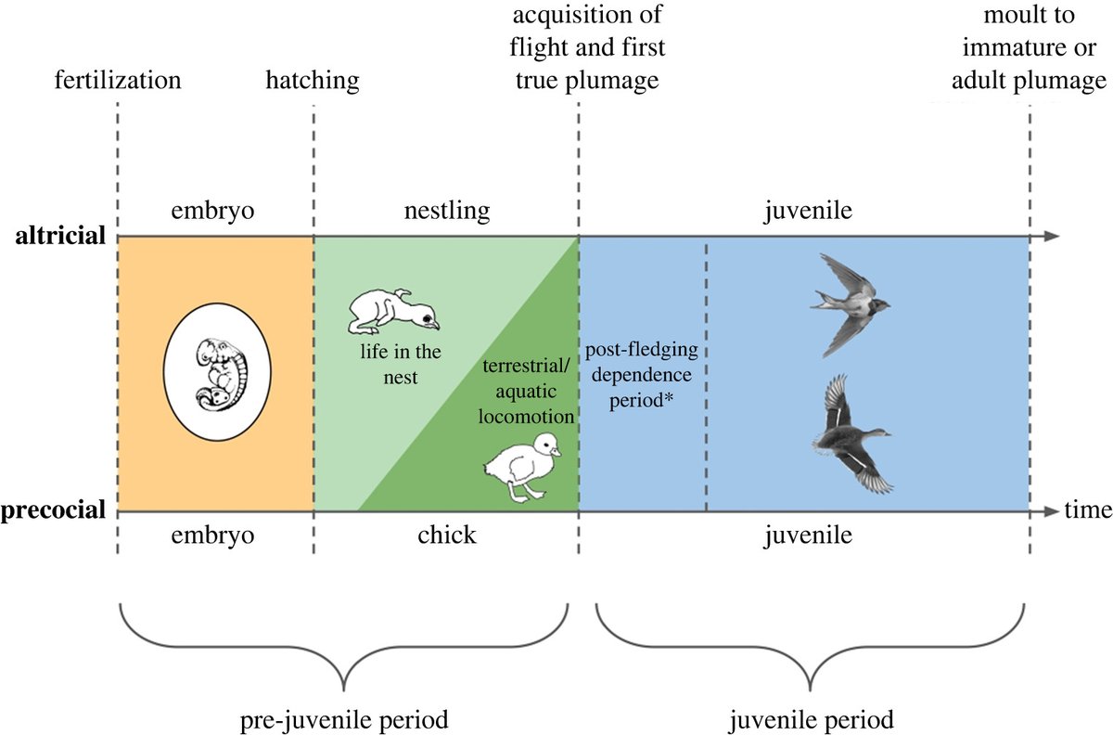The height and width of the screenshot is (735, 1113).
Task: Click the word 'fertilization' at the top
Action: [x=116, y=81]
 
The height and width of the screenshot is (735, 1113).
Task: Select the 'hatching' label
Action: [x=312, y=81]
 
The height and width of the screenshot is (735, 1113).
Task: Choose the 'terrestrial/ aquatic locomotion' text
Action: [x=525, y=391]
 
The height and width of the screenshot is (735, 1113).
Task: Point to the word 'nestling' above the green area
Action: [x=446, y=212]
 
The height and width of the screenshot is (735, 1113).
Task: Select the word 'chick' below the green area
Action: [x=446, y=536]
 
